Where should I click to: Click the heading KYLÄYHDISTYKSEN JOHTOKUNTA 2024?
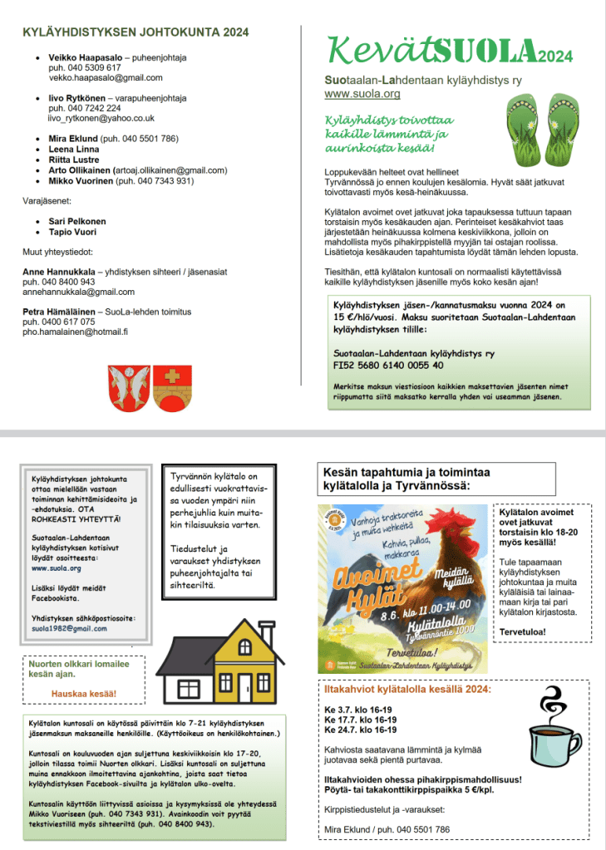(135, 32)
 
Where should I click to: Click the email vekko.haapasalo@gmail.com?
(106, 77)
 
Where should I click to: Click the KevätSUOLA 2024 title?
(448, 52)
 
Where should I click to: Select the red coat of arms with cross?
(170, 385)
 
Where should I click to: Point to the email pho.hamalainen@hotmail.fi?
(75, 332)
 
